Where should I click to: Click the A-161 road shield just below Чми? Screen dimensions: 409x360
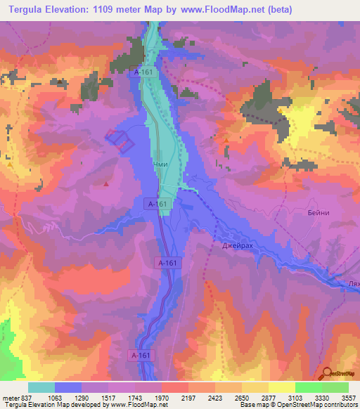tap(157, 204)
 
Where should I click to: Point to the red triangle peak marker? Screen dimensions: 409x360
tap(106, 184)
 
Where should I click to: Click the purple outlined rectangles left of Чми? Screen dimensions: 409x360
tap(120, 138)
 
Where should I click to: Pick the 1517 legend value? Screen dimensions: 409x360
tap(110, 397)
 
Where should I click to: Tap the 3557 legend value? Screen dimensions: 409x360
tap(348, 397)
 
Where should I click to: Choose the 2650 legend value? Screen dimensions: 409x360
tap(243, 397)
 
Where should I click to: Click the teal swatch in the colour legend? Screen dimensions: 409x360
tap(41, 387)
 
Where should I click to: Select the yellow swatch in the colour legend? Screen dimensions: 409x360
tap(282, 387)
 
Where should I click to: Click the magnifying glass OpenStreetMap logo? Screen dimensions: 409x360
tap(328, 372)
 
